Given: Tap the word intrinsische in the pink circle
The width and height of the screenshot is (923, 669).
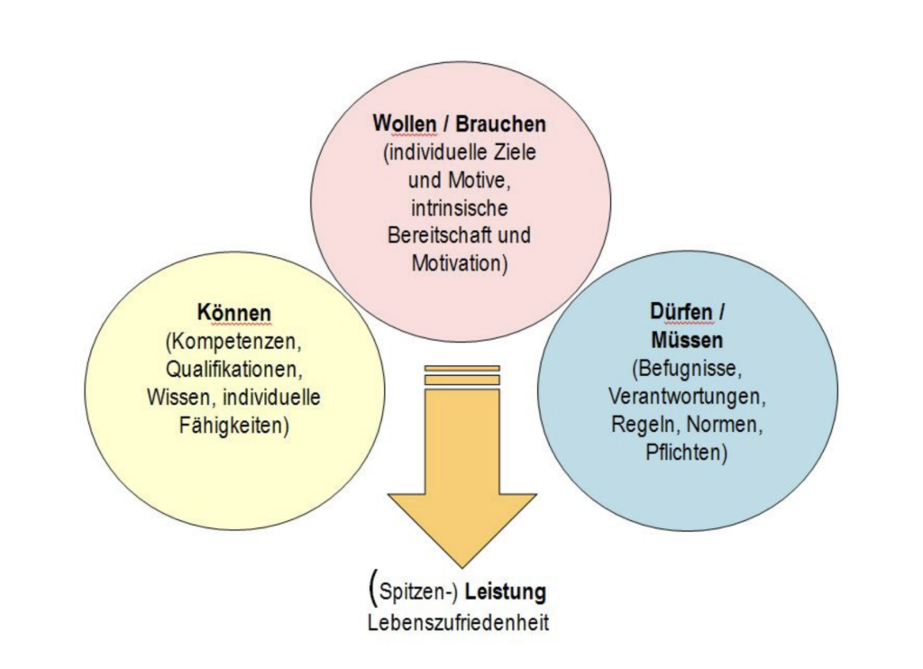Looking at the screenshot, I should [x=460, y=207].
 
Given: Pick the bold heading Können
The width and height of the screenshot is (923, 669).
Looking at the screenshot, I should [x=233, y=313].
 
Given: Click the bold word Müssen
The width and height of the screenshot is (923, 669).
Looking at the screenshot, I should [x=686, y=340].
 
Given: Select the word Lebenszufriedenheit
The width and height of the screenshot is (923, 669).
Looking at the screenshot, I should [x=458, y=623].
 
